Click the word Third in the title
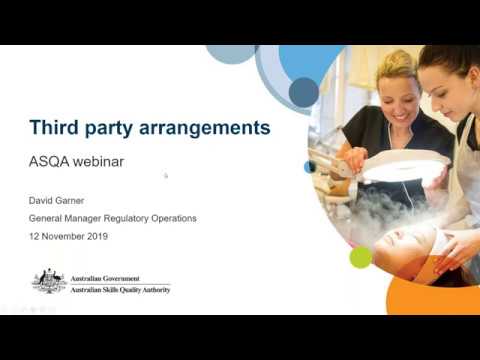(x=54, y=128)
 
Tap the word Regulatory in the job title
(x=135, y=217)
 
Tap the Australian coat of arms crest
(x=49, y=282)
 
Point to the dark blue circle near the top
(x=303, y=92)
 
